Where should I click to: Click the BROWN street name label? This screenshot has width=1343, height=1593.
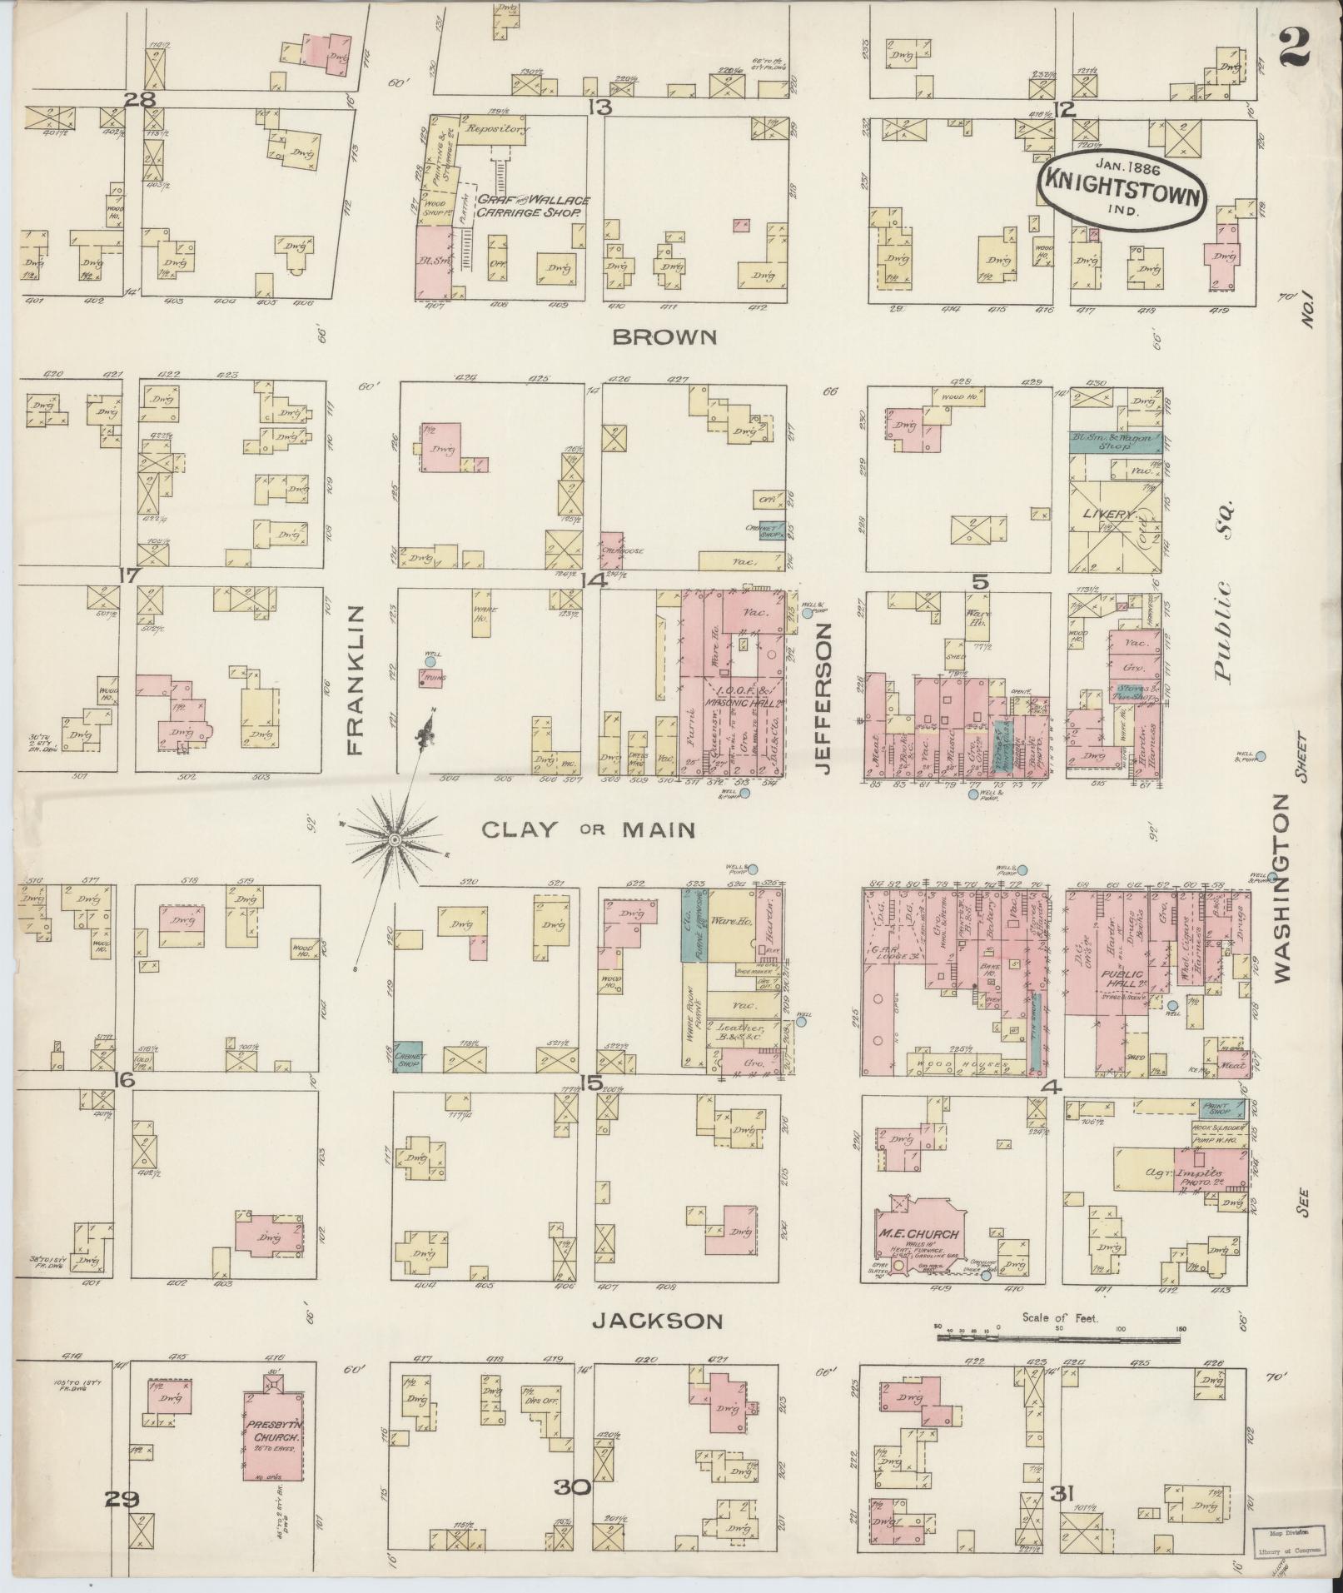click(x=664, y=337)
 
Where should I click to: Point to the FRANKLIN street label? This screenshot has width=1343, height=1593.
click(x=356, y=680)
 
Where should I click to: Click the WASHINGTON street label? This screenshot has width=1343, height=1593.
click(x=1281, y=887)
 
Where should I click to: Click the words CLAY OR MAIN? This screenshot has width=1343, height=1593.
click(x=588, y=829)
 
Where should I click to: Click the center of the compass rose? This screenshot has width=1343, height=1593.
click(x=390, y=839)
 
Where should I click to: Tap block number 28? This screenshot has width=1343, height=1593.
click(x=140, y=100)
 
